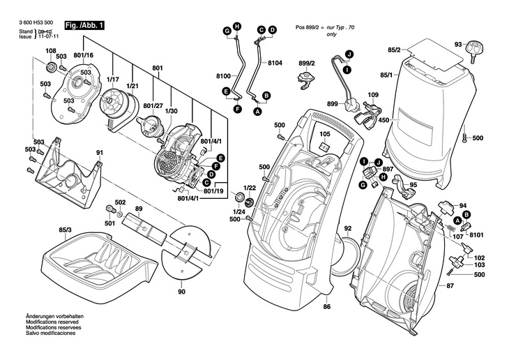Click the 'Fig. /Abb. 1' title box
(84, 26)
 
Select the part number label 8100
(223, 75)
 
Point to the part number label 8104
(275, 63)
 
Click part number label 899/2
(307, 63)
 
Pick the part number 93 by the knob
(457, 44)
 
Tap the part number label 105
(325, 133)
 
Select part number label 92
(348, 228)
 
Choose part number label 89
(139, 209)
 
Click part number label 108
(51, 51)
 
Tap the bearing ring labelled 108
(51, 68)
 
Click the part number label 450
(383, 119)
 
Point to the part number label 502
(120, 202)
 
